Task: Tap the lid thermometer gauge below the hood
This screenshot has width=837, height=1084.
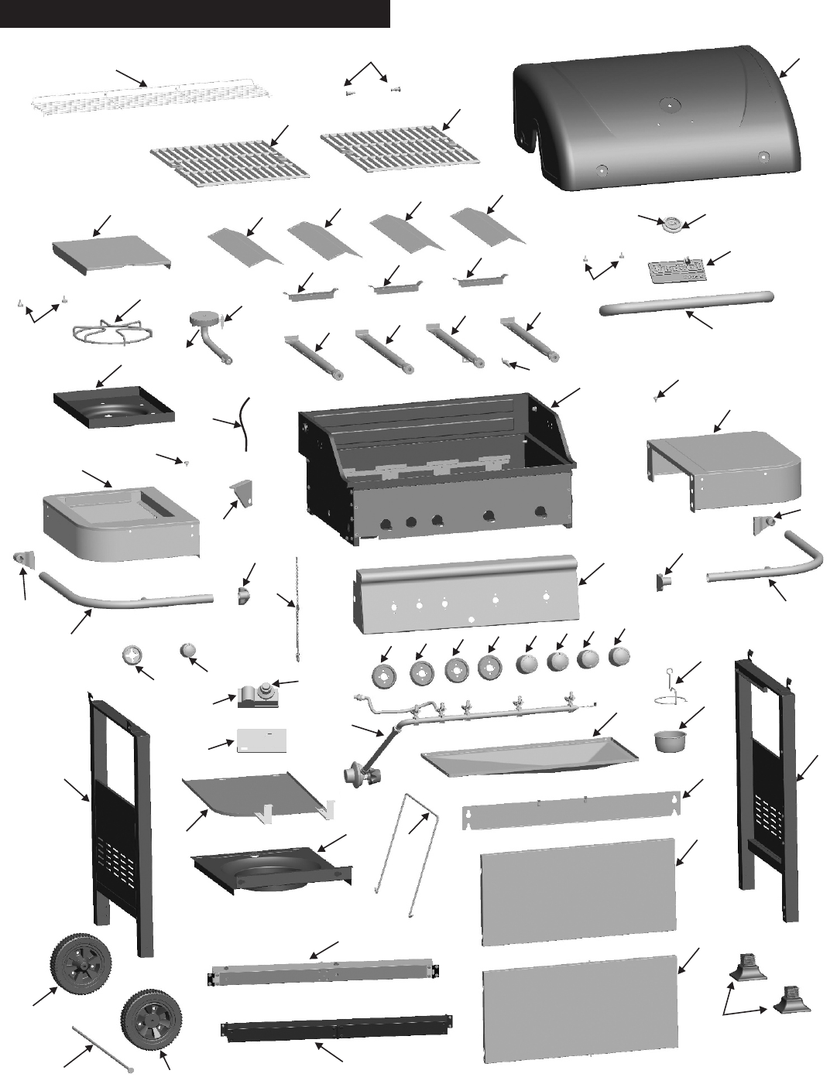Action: (671, 224)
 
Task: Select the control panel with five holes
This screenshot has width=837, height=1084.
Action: (465, 596)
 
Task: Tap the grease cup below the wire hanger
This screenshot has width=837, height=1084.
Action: (670, 739)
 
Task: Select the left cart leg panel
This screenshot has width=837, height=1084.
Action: (120, 820)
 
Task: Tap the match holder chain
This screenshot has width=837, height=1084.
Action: (296, 611)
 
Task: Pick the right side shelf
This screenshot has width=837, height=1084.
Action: (724, 468)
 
